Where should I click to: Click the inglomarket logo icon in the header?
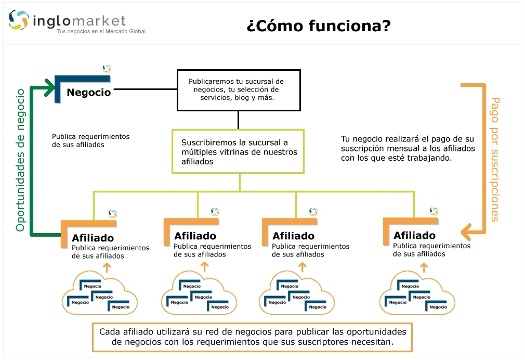tap(19, 20)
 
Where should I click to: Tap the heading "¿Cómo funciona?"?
tap(318, 25)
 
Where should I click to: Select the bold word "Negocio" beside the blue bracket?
tap(89, 93)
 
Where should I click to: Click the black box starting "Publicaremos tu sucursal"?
tap(238, 89)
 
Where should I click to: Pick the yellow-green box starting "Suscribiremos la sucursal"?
tap(238, 151)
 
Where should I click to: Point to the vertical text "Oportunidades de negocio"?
tap(21, 160)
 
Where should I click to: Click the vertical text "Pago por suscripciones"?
tap(494, 159)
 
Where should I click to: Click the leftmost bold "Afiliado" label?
tap(93, 238)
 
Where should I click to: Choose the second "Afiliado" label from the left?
tap(195, 236)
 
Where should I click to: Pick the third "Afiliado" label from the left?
tap(294, 236)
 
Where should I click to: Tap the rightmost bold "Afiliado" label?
tap(415, 235)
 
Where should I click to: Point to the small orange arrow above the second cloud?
tap(205, 267)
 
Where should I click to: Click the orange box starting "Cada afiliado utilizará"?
tap(252, 337)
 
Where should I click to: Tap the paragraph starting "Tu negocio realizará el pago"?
tap(408, 148)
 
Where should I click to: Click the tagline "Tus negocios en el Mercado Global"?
tap(101, 32)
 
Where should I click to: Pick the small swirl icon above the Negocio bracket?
tap(107, 69)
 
